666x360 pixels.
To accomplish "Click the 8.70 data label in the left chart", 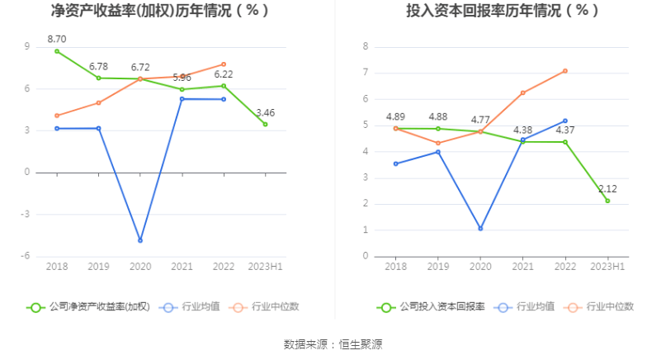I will click(x=57, y=39).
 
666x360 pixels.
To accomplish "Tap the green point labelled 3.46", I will click(x=266, y=124).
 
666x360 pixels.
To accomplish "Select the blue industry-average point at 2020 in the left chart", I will click(x=140, y=240).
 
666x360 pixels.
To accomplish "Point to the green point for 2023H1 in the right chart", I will click(x=607, y=201).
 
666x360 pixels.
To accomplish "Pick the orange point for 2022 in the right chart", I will click(x=565, y=70).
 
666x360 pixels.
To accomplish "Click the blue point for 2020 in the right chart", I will click(x=481, y=229).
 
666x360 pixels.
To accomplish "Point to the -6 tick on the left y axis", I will click(x=26, y=256).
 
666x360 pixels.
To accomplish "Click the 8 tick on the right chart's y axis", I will click(x=365, y=46).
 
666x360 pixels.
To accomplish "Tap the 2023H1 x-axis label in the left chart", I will click(x=266, y=267).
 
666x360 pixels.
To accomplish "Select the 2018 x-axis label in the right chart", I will click(x=396, y=267).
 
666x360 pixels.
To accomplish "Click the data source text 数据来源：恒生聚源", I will click(x=333, y=344).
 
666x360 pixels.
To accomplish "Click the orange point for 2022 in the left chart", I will click(x=224, y=64).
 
